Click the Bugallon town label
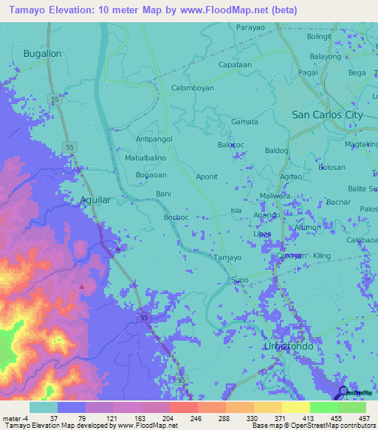point(42,54)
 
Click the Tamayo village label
point(227,257)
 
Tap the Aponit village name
point(206,177)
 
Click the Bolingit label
point(320,36)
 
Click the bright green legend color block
point(323,407)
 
